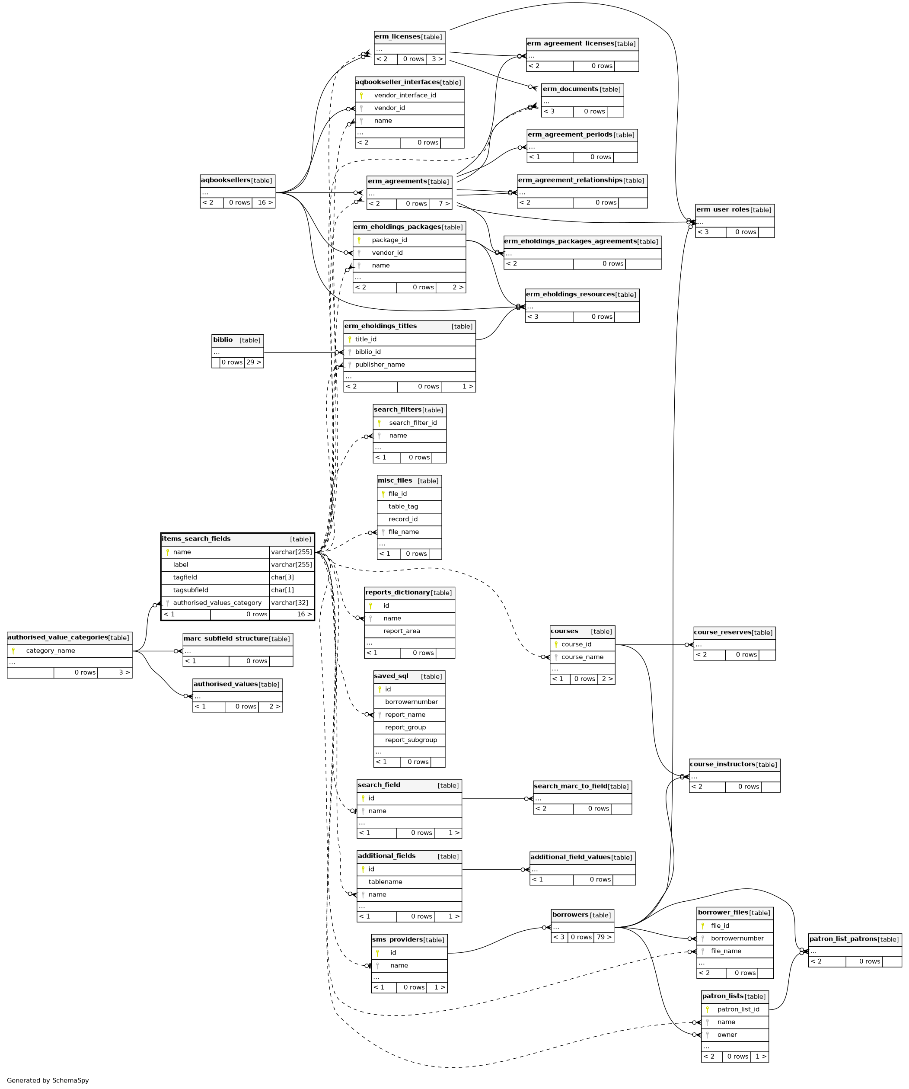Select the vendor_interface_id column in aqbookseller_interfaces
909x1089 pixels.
click(405, 96)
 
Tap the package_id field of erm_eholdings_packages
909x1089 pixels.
click(389, 240)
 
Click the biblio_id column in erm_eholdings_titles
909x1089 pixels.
click(367, 352)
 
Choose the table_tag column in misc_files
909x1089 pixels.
click(403, 506)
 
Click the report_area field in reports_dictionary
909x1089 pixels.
click(401, 631)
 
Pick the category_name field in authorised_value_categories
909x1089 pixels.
click(50, 651)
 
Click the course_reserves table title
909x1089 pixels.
click(722, 632)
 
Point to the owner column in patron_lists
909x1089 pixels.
click(727, 1035)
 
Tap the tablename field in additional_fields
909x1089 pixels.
click(385, 881)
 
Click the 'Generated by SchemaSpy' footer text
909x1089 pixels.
click(48, 1080)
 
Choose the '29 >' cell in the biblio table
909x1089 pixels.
click(253, 362)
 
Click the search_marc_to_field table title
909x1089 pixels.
click(570, 786)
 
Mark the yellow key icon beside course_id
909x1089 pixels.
click(556, 644)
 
